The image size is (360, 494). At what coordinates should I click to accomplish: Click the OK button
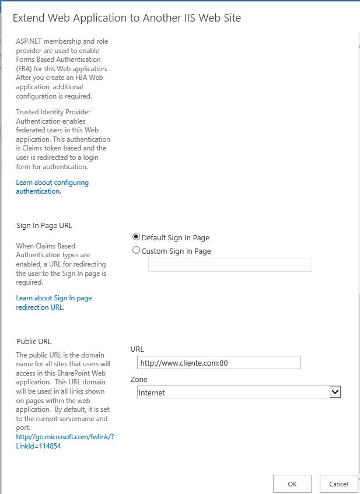click(x=292, y=484)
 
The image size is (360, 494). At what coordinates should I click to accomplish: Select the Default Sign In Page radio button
click(x=137, y=237)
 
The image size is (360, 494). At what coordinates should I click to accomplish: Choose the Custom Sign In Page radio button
click(x=137, y=250)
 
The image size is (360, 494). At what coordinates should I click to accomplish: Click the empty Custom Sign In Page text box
click(x=230, y=265)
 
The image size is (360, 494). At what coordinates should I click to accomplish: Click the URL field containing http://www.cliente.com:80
click(x=218, y=363)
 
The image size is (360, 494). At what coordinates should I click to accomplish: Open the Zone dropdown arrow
click(x=335, y=393)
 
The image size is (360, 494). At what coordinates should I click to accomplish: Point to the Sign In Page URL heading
click(x=44, y=225)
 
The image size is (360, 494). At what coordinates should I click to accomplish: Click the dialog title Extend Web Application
click(x=127, y=17)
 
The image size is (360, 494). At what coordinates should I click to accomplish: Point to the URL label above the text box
click(x=137, y=349)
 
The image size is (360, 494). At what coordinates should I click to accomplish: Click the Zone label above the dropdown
click(x=139, y=379)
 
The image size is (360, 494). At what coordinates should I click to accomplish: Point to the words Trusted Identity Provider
click(x=53, y=111)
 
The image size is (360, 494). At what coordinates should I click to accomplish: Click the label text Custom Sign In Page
click(x=176, y=251)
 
